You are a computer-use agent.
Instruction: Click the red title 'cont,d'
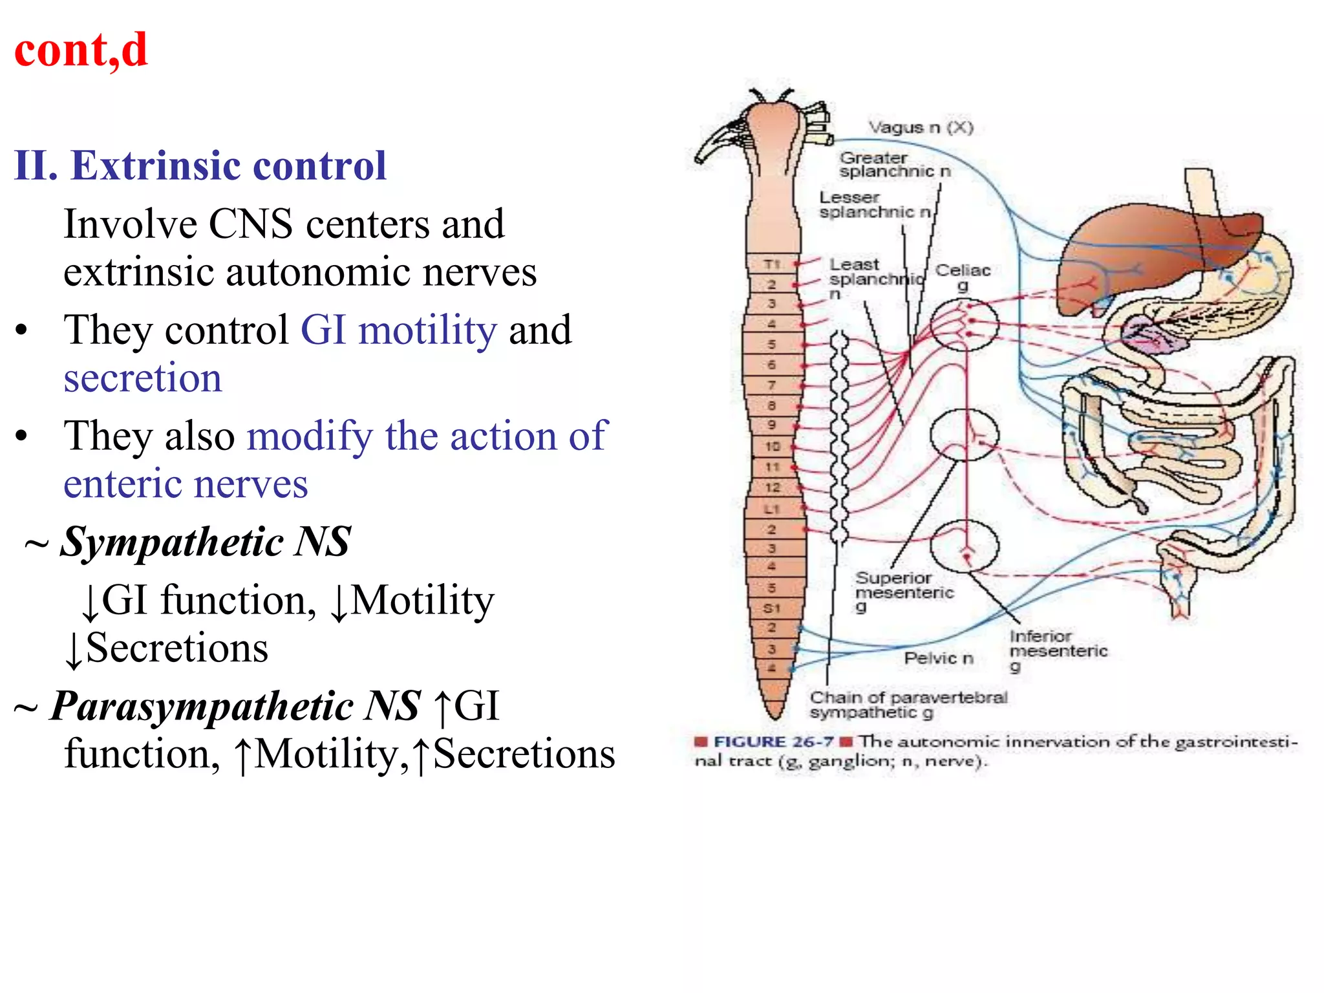(x=81, y=50)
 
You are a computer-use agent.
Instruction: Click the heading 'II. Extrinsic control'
(x=200, y=165)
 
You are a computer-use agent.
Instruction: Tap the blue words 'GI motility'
(x=399, y=330)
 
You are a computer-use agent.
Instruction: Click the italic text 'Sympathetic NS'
(x=205, y=542)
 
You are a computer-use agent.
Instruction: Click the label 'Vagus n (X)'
(x=920, y=127)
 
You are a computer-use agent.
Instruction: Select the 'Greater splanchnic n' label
(x=894, y=164)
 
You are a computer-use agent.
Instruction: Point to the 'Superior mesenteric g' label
(x=903, y=591)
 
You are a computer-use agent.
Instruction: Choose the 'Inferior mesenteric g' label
(x=1058, y=650)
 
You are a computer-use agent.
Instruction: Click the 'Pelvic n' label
(x=938, y=658)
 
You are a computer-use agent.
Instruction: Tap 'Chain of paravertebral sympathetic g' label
(x=908, y=705)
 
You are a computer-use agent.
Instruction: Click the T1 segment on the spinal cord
(x=772, y=264)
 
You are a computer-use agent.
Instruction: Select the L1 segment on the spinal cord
(x=772, y=509)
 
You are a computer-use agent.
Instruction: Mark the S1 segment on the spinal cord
(x=772, y=608)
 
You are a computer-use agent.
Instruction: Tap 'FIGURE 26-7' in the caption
(x=773, y=742)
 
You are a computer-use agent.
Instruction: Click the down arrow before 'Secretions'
(x=74, y=650)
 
